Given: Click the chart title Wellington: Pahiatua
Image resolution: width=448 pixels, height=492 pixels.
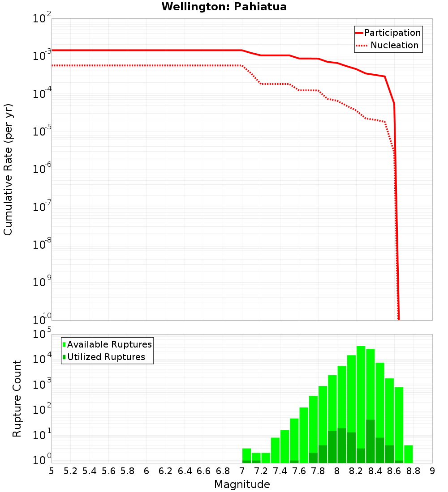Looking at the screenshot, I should [x=224, y=7].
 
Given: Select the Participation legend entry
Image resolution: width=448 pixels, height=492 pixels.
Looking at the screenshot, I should [x=392, y=33].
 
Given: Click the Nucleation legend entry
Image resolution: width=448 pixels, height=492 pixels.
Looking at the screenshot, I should [x=394, y=45].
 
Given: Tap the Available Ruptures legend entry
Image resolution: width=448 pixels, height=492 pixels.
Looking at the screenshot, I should [x=109, y=344].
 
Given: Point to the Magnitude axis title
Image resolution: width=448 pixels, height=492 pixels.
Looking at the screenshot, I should [x=242, y=484].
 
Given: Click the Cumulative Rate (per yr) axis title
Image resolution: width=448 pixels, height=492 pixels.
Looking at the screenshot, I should [x=8, y=169].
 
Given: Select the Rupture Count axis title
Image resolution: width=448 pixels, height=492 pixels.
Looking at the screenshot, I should [x=17, y=399].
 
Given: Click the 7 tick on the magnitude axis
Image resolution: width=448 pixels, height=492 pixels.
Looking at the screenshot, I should [x=242, y=471].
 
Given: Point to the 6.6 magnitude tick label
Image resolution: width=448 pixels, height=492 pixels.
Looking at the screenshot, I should [x=204, y=471].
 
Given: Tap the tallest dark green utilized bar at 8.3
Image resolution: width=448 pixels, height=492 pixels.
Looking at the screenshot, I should [x=370, y=441].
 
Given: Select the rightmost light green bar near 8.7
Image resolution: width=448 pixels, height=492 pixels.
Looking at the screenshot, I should [x=408, y=454].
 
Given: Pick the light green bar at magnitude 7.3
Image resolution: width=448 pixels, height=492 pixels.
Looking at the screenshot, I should [x=275, y=450].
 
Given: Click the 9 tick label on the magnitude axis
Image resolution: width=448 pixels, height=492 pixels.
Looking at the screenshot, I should [x=432, y=471].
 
